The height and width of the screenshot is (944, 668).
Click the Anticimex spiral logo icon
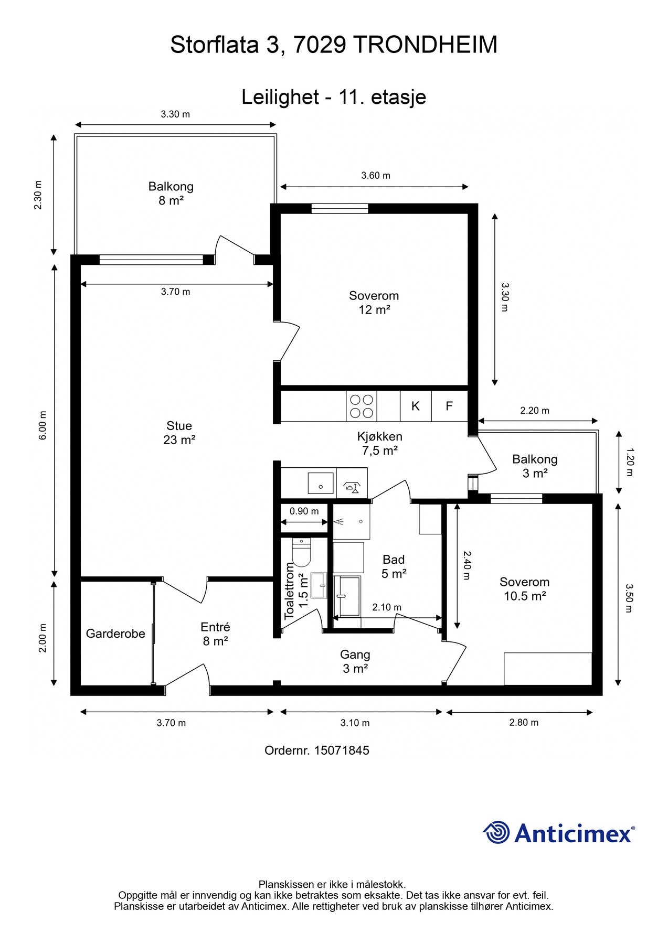pyautogui.click(x=496, y=832)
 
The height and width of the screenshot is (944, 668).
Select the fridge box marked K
pyautogui.click(x=416, y=406)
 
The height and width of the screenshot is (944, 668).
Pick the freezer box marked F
pyautogui.click(x=449, y=406)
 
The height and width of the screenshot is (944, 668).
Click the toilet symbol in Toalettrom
pyautogui.click(x=301, y=552)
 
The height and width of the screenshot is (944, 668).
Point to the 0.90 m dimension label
pyautogui.click(x=304, y=511)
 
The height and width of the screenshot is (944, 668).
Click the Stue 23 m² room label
pyautogui.click(x=179, y=433)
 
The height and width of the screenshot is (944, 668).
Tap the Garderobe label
pyautogui.click(x=115, y=634)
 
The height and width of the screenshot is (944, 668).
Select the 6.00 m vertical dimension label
pyautogui.click(x=43, y=425)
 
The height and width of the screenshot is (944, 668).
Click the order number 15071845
pyautogui.click(x=342, y=750)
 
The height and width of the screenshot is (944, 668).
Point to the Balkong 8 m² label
pyautogui.click(x=171, y=193)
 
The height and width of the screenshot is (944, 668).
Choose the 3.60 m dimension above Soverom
pyautogui.click(x=376, y=176)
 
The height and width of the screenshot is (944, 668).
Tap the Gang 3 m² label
pyautogui.click(x=355, y=661)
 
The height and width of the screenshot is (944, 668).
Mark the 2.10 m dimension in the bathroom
pyautogui.click(x=387, y=607)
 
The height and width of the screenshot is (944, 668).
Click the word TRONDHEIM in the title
pyautogui.click(x=425, y=45)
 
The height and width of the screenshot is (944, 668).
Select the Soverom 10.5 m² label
pyautogui.click(x=525, y=589)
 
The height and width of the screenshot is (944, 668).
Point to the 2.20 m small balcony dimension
pyautogui.click(x=535, y=411)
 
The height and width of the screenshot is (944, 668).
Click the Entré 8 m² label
pyautogui.click(x=215, y=634)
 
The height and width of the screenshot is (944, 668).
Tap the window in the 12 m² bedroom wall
pyautogui.click(x=340, y=209)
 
